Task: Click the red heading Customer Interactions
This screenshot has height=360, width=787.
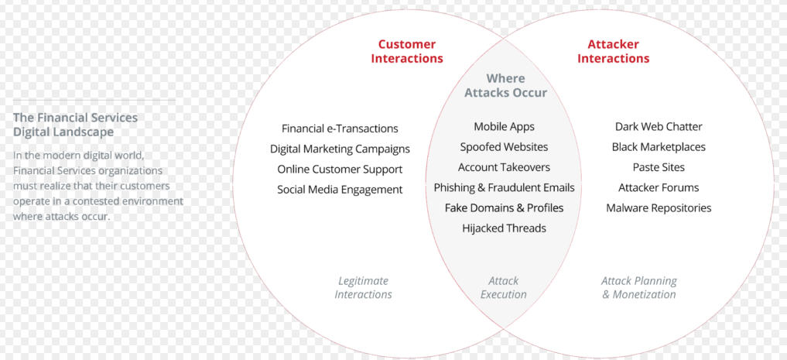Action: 407,51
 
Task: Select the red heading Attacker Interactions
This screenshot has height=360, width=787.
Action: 613,51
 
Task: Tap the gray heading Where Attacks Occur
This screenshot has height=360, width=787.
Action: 505,85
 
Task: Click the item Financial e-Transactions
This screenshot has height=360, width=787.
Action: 340,129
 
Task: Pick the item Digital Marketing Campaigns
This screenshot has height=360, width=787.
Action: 340,149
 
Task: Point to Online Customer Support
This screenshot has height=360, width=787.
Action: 340,170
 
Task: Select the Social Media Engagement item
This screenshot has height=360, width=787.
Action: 340,190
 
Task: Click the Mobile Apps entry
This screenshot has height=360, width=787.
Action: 504,127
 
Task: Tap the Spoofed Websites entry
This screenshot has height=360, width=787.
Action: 504,147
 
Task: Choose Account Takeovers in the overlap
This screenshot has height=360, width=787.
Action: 504,167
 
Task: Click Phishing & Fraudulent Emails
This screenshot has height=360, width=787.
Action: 504,188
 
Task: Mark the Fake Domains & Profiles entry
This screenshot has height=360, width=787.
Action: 504,207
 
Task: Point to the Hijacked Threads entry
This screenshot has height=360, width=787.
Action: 504,228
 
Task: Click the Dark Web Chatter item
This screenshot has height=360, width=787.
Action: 659,126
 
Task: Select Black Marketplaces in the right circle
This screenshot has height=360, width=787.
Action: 659,147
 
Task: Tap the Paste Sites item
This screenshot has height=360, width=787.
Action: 659,167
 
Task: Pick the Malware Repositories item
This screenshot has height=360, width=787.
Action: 659,207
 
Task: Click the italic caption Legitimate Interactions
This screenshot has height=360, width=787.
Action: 363,288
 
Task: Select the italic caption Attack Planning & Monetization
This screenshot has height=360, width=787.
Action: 639,288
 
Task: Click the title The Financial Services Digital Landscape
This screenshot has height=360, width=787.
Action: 75,125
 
